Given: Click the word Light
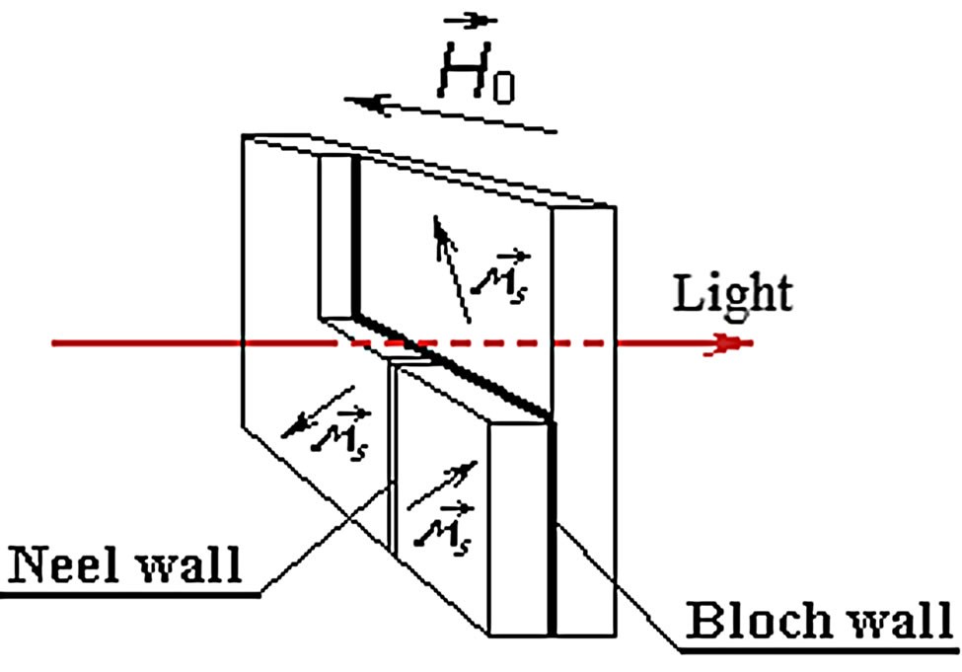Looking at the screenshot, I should (x=732, y=293).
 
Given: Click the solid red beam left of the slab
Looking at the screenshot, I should (x=148, y=343).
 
